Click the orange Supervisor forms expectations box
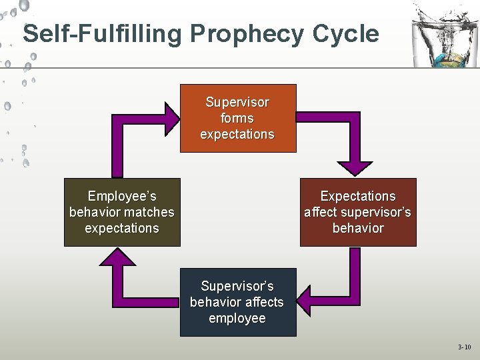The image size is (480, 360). tap(238, 118)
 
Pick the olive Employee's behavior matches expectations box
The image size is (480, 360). tap(122, 212)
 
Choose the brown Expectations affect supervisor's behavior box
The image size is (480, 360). tap(358, 212)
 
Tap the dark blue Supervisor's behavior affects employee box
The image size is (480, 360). tap(237, 302)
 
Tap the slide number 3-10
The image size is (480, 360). tap(464, 347)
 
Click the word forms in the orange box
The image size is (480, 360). tap(237, 118)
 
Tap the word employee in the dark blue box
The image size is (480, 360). tap(237, 318)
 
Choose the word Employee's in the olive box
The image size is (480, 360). tap(122, 196)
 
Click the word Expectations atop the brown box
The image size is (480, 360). tap(358, 196)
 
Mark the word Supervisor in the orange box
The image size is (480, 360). tap(237, 102)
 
